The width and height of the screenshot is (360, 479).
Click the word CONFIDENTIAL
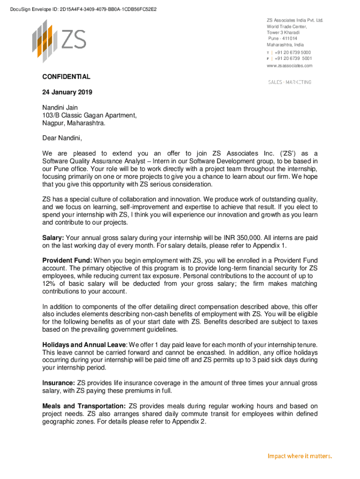coord(66,77)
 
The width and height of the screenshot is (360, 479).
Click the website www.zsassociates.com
coord(289,66)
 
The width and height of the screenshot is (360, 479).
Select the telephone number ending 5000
coord(293,52)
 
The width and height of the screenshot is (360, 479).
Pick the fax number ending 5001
coord(293,58)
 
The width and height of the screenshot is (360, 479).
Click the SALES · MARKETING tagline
coord(289,82)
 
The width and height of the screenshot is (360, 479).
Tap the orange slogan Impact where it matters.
coord(299,456)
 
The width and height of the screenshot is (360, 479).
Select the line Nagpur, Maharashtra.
coord(74,123)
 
